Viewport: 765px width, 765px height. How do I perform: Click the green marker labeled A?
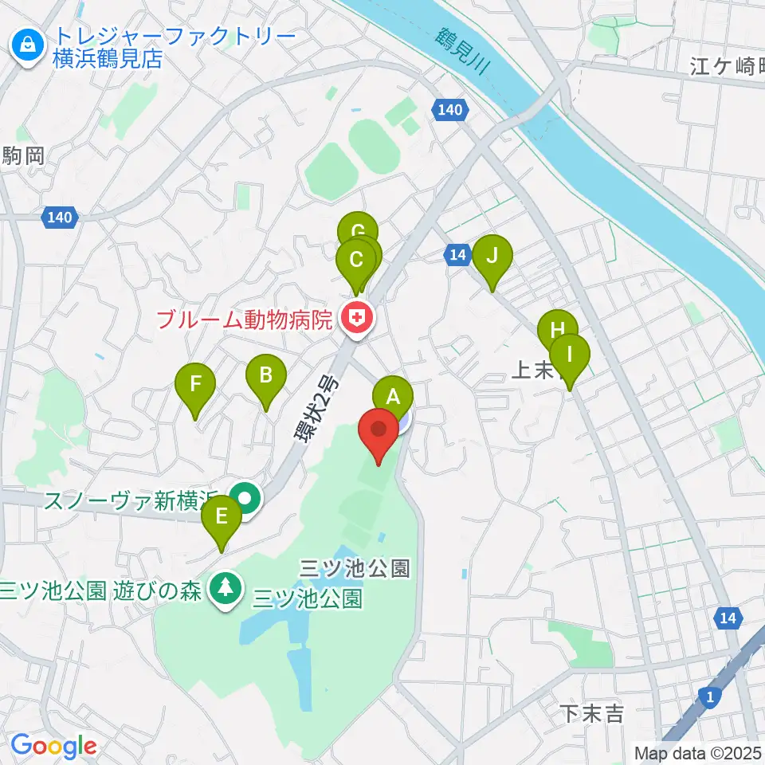coord(392,395)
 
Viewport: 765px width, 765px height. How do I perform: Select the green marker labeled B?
coord(266,374)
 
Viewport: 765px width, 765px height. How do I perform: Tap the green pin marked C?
coord(355,259)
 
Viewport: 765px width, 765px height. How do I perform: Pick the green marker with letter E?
coord(221,516)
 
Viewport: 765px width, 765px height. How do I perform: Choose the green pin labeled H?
coord(557,329)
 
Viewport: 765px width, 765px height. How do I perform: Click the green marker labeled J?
coord(492,256)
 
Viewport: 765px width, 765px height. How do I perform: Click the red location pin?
coord(379,430)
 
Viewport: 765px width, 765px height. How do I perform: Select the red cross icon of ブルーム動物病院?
coord(357,320)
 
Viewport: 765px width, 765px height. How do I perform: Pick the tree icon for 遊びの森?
coord(226,589)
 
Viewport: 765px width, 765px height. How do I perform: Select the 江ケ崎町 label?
coord(726,66)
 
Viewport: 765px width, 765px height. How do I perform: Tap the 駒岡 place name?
coord(23,156)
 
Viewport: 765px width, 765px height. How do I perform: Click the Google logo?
coord(54,747)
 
